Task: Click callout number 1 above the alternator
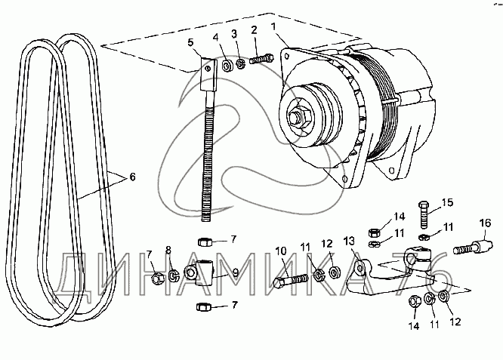click(x=273, y=26)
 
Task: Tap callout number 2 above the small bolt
click(x=254, y=30)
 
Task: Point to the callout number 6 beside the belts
click(x=132, y=177)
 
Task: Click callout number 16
click(x=486, y=223)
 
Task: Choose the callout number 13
click(x=350, y=240)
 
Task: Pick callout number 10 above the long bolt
click(x=281, y=251)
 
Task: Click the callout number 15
click(x=448, y=202)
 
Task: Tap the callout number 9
click(x=236, y=272)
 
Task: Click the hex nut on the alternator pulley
click(x=298, y=118)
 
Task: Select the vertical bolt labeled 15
click(x=424, y=214)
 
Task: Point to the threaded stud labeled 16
click(x=473, y=247)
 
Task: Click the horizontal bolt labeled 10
click(x=291, y=280)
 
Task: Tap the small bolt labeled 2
click(x=261, y=59)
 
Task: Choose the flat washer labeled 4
click(x=228, y=66)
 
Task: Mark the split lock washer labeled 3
click(x=241, y=63)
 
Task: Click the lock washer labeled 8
click(x=174, y=275)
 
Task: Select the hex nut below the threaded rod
click(x=204, y=242)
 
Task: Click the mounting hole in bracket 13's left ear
click(x=360, y=267)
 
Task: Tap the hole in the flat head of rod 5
click(x=208, y=68)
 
